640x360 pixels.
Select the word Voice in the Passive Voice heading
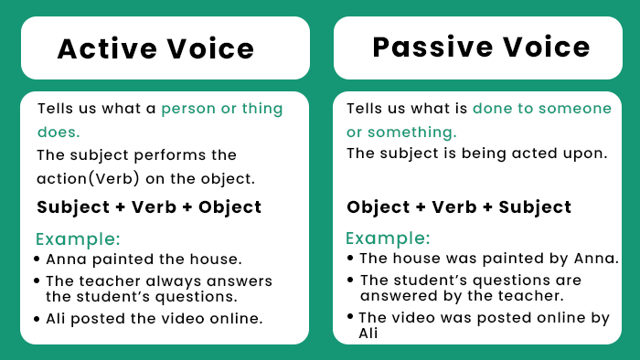click(x=544, y=47)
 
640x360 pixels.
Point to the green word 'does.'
click(x=59, y=132)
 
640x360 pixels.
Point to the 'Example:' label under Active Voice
click(x=78, y=239)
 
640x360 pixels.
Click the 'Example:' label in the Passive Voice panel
click(x=388, y=238)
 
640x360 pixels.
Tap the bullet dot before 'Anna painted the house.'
click(x=37, y=259)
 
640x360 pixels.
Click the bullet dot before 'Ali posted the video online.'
click(x=37, y=319)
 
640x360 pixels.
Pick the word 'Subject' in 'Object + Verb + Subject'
click(x=535, y=207)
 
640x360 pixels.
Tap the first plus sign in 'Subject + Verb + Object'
click(x=120, y=207)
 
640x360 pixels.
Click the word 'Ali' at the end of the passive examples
click(x=368, y=334)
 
